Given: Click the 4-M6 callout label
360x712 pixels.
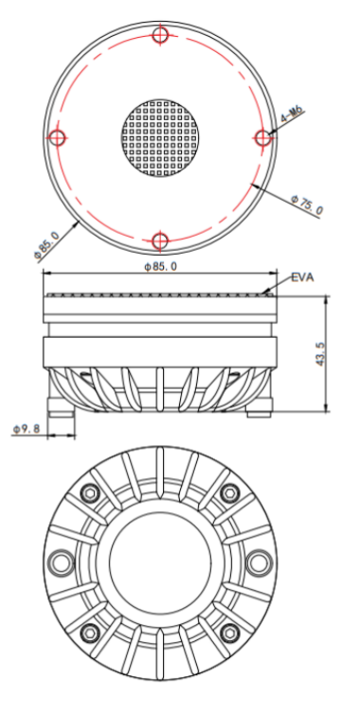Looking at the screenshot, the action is (x=293, y=115).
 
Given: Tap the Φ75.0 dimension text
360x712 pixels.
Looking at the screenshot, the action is (x=308, y=205).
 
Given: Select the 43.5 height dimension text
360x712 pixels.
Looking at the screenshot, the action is (x=320, y=354).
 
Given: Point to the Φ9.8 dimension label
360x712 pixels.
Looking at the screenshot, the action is (x=27, y=429).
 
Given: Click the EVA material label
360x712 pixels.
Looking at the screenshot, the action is (x=302, y=277).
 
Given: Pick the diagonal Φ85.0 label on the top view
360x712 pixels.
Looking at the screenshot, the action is (x=46, y=246).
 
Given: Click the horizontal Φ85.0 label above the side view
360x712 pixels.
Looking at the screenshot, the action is (x=161, y=266).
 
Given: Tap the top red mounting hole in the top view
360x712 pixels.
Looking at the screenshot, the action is (x=160, y=34).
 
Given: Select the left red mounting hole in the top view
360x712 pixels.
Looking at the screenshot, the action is (x=58, y=137).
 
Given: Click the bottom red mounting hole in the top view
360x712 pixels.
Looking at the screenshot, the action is (x=160, y=240).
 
